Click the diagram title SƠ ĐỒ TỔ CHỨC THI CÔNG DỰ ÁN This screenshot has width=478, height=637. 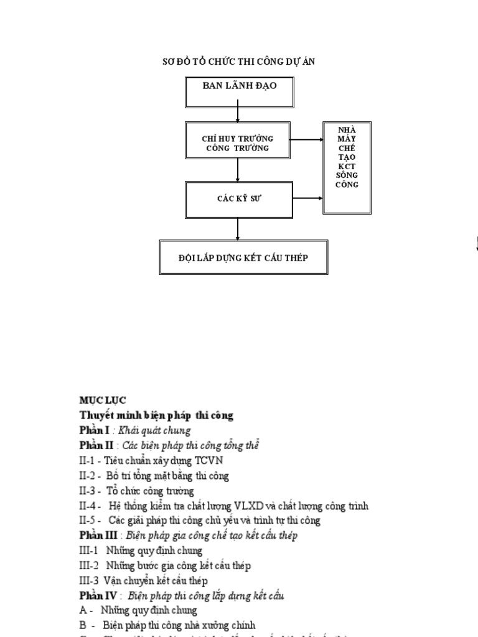point(242,62)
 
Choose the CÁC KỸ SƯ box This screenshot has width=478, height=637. point(239,199)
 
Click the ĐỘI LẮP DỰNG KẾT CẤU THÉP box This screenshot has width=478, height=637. point(243,258)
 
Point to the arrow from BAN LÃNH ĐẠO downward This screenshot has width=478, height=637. point(238,114)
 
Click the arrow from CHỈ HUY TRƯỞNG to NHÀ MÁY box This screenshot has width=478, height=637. point(307,139)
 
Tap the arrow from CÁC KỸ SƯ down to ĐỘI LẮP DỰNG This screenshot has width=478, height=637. point(238,228)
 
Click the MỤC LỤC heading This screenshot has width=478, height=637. point(102,400)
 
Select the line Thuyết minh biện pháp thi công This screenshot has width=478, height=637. point(156,415)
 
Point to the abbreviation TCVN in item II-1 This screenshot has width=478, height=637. point(210,460)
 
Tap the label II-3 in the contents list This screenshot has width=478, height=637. point(89,490)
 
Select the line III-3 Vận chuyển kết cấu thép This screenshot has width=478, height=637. point(143,580)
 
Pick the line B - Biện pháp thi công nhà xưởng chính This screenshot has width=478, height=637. point(167,625)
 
